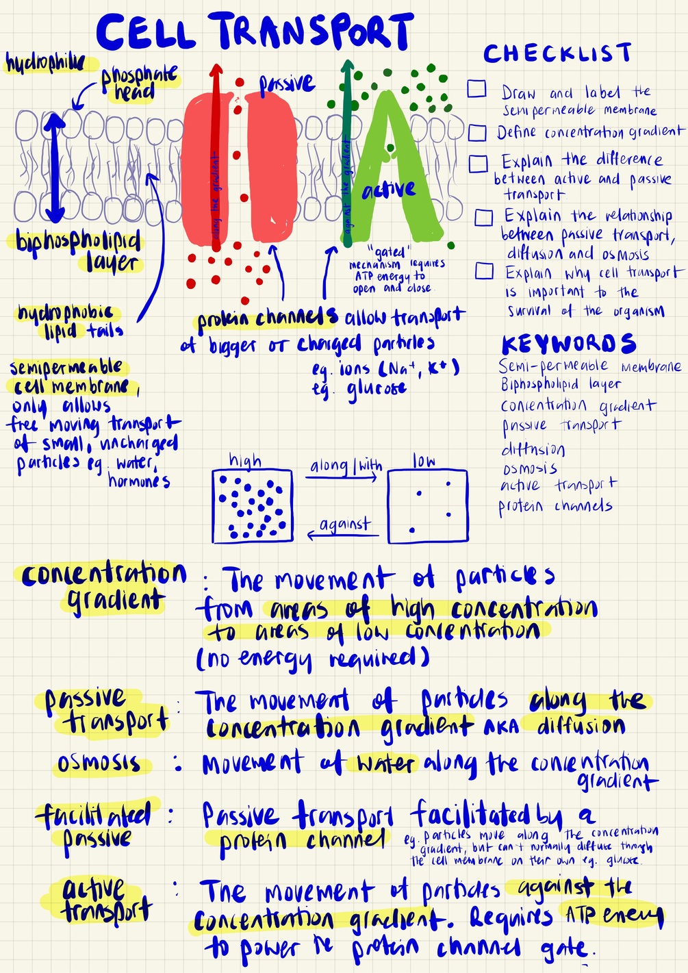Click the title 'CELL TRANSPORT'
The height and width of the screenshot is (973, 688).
point(255,32)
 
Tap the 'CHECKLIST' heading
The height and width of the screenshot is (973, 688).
point(557,53)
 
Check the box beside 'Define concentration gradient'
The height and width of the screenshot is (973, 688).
point(477,132)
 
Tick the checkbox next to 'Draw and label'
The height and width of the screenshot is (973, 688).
point(477,89)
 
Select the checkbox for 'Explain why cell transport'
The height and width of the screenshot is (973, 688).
point(484,271)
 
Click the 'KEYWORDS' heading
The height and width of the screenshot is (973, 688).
point(568,344)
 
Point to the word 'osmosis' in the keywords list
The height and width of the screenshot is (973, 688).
point(530,469)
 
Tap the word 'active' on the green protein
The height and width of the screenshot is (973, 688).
point(389,190)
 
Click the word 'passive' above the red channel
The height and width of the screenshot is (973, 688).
point(286,84)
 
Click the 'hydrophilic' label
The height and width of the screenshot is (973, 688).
point(45,64)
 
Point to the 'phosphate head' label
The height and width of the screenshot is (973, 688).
point(139,83)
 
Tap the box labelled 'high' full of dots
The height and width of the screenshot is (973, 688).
point(252,506)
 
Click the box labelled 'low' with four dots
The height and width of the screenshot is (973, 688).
point(428,506)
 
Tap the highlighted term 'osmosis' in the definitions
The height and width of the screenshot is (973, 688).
point(99,763)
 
